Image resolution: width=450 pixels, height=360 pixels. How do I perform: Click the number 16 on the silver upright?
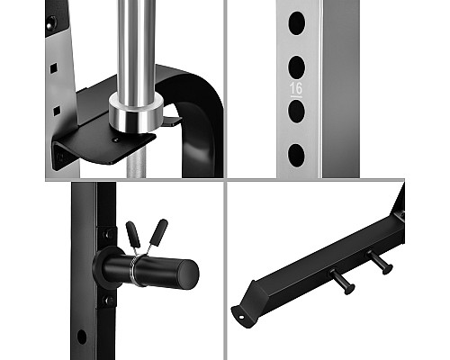296,88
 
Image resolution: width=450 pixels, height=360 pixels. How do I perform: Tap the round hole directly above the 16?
297,67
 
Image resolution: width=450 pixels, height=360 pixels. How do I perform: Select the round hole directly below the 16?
297,112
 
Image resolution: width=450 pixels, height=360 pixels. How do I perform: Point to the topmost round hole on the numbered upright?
297,23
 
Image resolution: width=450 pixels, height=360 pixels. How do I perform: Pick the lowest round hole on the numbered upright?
296,156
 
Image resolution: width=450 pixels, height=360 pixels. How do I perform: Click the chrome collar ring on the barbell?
136,112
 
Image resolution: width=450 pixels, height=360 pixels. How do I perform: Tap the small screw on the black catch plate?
117,139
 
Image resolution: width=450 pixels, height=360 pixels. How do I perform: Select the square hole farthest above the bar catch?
53,68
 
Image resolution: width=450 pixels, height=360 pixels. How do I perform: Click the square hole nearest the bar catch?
57,111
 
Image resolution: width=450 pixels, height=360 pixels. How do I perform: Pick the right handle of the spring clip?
158,233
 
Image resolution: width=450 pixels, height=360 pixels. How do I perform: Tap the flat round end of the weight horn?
187,274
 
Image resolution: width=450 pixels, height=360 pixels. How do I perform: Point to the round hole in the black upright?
82,337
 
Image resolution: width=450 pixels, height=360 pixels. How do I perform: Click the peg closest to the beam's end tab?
342,282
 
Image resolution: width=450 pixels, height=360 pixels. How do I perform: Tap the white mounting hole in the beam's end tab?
241,317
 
